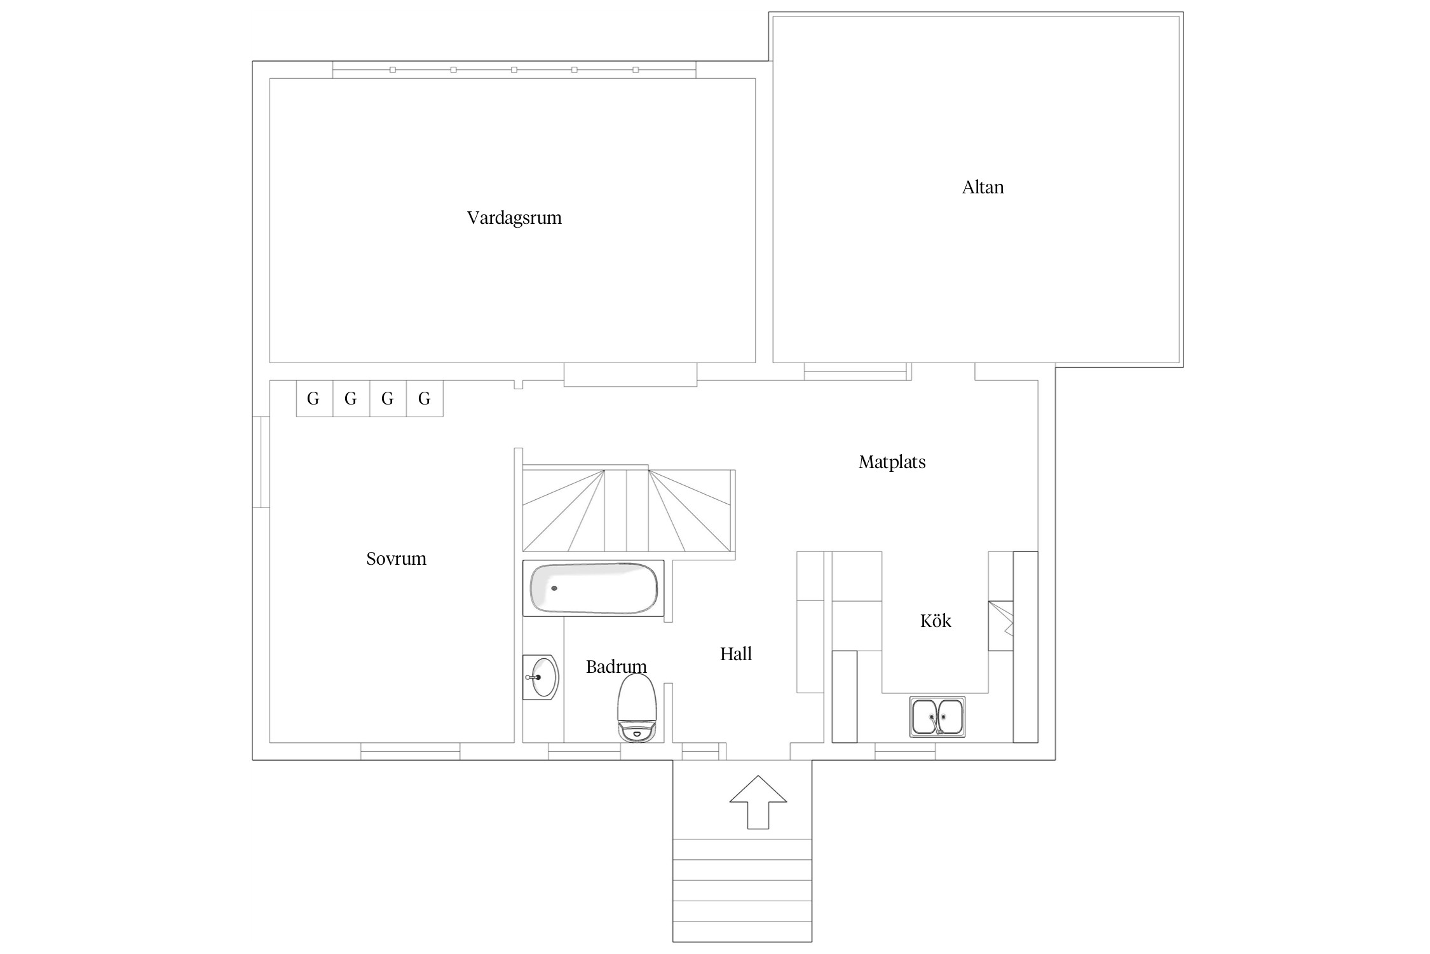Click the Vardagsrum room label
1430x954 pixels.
click(x=514, y=218)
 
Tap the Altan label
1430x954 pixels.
click(x=983, y=187)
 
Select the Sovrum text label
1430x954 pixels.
click(x=396, y=558)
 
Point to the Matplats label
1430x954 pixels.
click(x=892, y=462)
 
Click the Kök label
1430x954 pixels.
click(x=936, y=620)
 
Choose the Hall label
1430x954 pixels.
click(x=736, y=654)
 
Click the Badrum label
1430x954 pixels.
click(x=616, y=667)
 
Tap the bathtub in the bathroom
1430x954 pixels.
click(x=594, y=588)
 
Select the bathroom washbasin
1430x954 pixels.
click(x=541, y=677)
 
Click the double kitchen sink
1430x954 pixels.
click(x=937, y=717)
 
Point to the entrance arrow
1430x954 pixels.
click(x=758, y=802)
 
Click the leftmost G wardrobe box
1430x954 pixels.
click(x=314, y=399)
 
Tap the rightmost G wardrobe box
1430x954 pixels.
click(x=425, y=399)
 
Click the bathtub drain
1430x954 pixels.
click(x=554, y=588)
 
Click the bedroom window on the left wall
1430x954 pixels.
click(x=261, y=462)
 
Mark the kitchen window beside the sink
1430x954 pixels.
click(x=905, y=751)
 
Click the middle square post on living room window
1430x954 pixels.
click(x=514, y=70)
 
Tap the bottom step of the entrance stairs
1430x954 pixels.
click(x=742, y=930)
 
